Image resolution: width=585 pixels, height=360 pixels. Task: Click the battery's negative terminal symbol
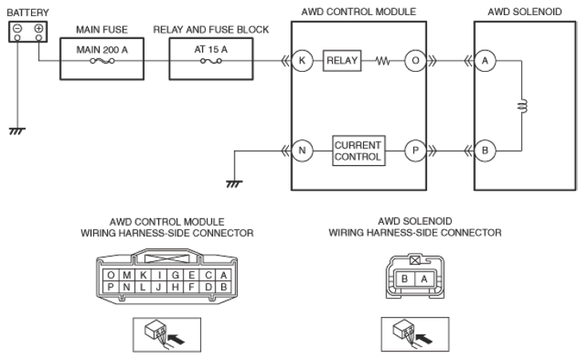(18, 29)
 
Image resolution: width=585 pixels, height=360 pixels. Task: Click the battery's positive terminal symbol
(38, 29)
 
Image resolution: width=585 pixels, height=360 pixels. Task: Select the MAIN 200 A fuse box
(102, 58)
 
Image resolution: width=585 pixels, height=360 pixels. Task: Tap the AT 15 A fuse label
(211, 49)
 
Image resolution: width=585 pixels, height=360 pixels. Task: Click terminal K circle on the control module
(302, 61)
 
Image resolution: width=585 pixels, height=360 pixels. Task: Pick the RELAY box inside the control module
(342, 61)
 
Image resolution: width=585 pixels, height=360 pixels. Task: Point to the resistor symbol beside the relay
(382, 61)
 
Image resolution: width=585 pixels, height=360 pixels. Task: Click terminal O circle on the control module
(415, 61)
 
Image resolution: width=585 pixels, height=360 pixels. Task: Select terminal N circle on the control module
(302, 151)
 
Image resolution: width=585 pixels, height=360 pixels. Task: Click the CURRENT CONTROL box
(358, 151)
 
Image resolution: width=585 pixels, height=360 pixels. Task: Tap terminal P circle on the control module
(415, 151)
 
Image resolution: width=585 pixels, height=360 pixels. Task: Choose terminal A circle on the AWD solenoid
(485, 61)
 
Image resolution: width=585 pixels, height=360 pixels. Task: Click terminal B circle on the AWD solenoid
(485, 151)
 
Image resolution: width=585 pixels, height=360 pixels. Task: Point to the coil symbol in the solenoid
(523, 106)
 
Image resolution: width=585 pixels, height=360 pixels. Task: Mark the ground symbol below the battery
(17, 131)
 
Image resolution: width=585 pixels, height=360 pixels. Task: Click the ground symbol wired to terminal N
(235, 184)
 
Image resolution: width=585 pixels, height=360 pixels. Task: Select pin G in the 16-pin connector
(175, 275)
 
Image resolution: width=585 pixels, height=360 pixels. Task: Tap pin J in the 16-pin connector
(159, 287)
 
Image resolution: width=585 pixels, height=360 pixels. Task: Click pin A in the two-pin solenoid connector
(424, 279)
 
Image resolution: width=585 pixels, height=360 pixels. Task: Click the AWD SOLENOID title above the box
(524, 11)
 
